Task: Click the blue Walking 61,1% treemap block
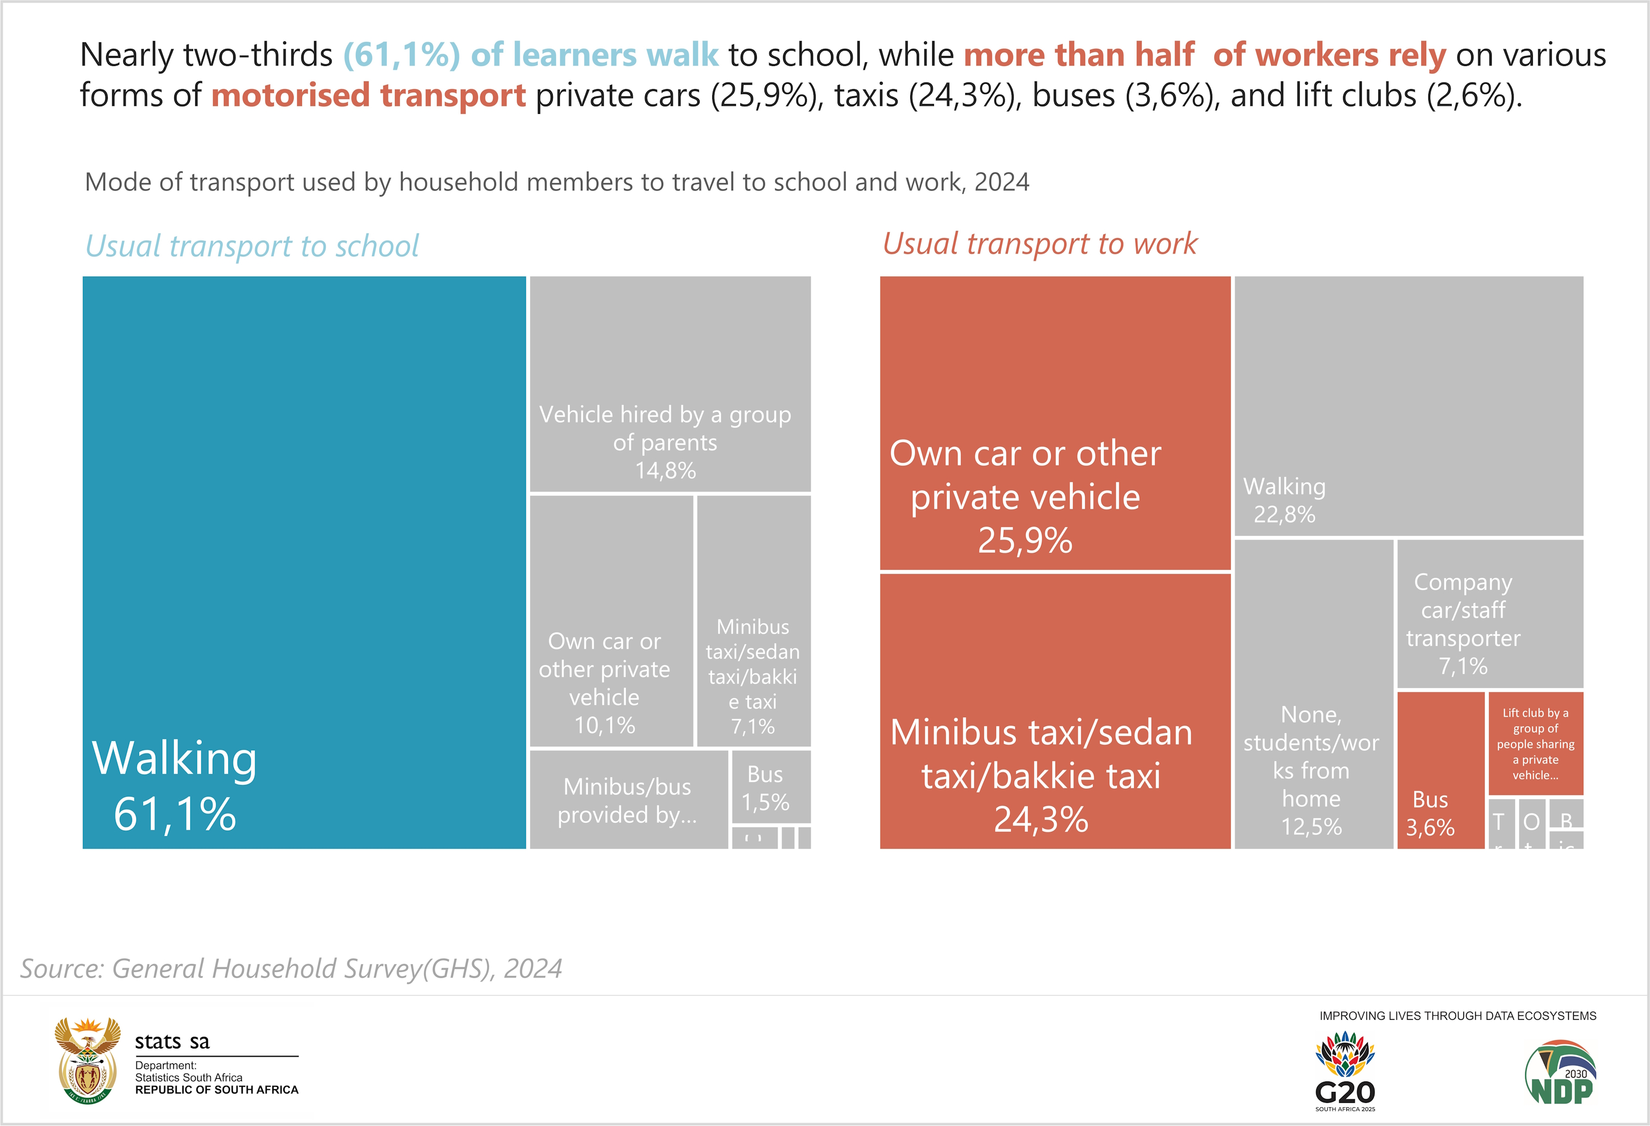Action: [304, 562]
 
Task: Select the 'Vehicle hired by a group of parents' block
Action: [669, 384]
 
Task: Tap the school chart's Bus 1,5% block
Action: [771, 787]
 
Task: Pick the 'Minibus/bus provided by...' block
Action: [628, 799]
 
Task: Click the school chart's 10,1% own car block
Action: [610, 621]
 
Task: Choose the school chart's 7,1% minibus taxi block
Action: [754, 621]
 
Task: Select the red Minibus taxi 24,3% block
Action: [1054, 711]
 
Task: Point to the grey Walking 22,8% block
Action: [1409, 405]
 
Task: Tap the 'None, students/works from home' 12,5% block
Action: [1313, 694]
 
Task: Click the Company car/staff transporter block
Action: [1489, 614]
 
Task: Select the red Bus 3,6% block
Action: [1440, 770]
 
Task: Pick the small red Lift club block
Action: [1535, 743]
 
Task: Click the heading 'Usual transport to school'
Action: [252, 246]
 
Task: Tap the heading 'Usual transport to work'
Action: [1039, 244]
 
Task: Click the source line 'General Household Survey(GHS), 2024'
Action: [291, 968]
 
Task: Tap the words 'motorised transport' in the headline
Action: [369, 95]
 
